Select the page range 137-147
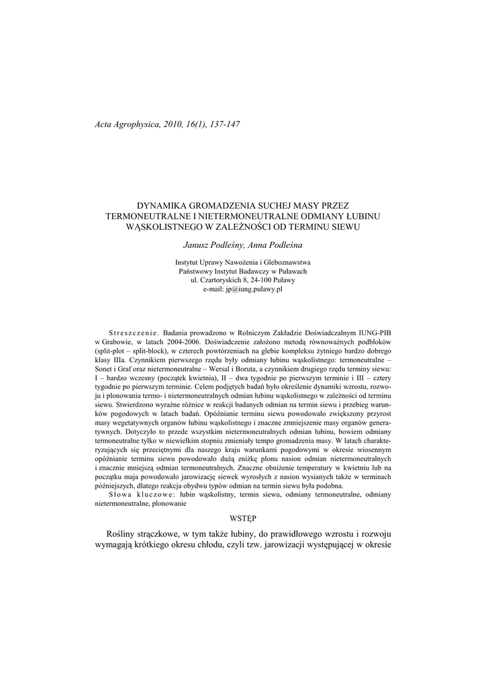(x=224, y=125)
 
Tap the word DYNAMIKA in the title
(x=167, y=204)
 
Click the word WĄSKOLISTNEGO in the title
(x=168, y=227)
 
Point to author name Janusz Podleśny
(x=211, y=246)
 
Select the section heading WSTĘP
(x=242, y=518)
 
